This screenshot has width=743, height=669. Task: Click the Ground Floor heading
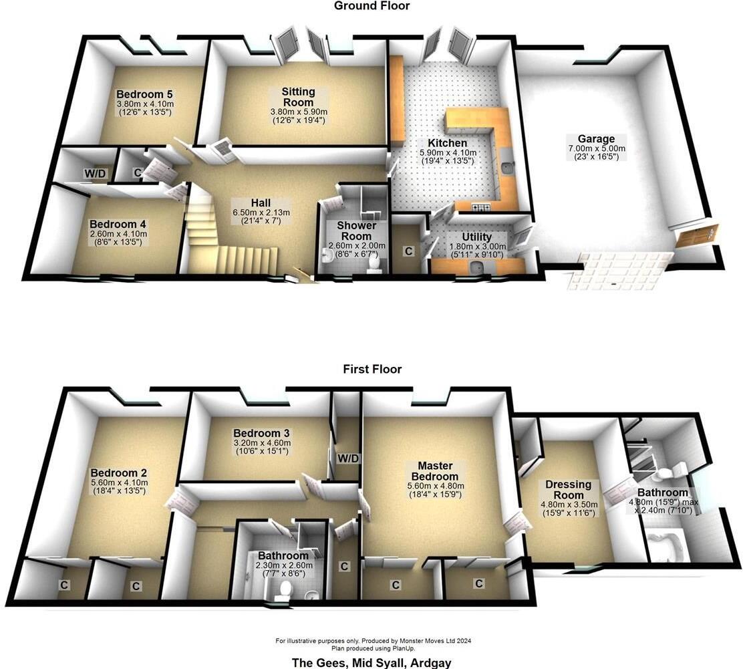pos(371,6)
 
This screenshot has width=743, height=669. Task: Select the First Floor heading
pos(372,369)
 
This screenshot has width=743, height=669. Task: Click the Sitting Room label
pos(298,96)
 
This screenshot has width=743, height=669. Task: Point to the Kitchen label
pos(448,143)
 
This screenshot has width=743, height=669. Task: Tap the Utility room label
pos(477,237)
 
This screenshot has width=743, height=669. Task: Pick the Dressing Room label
pos(569,490)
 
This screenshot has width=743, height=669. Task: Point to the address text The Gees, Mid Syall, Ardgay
pos(371,662)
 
